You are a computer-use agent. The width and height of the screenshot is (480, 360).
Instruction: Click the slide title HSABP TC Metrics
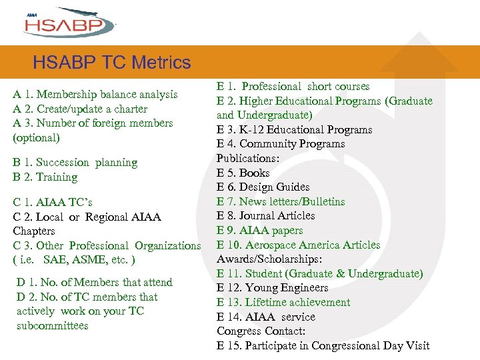[111, 63]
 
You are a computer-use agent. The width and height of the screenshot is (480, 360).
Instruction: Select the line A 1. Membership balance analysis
[95, 95]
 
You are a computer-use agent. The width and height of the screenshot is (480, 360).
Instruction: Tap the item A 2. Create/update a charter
[80, 109]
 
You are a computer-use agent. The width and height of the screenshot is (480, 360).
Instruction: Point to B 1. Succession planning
[75, 163]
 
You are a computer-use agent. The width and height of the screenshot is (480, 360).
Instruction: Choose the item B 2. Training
[45, 177]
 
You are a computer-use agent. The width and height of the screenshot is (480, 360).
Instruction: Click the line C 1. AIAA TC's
[53, 203]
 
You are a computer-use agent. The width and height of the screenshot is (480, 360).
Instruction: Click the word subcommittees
[53, 326]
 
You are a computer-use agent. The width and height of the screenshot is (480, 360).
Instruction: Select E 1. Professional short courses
[293, 87]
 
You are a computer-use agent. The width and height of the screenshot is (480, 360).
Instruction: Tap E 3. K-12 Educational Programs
[294, 130]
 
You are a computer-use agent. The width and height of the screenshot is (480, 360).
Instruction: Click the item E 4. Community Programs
[281, 144]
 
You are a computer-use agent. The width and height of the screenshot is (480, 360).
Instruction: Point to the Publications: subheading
[247, 159]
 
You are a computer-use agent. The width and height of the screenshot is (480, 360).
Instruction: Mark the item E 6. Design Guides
[263, 187]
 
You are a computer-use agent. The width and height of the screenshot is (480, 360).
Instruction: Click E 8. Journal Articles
[265, 216]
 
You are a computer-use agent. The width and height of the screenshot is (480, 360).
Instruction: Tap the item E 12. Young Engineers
[272, 288]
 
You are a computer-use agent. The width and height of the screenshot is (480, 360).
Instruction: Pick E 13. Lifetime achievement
[283, 303]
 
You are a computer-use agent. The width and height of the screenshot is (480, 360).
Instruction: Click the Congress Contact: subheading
[261, 331]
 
